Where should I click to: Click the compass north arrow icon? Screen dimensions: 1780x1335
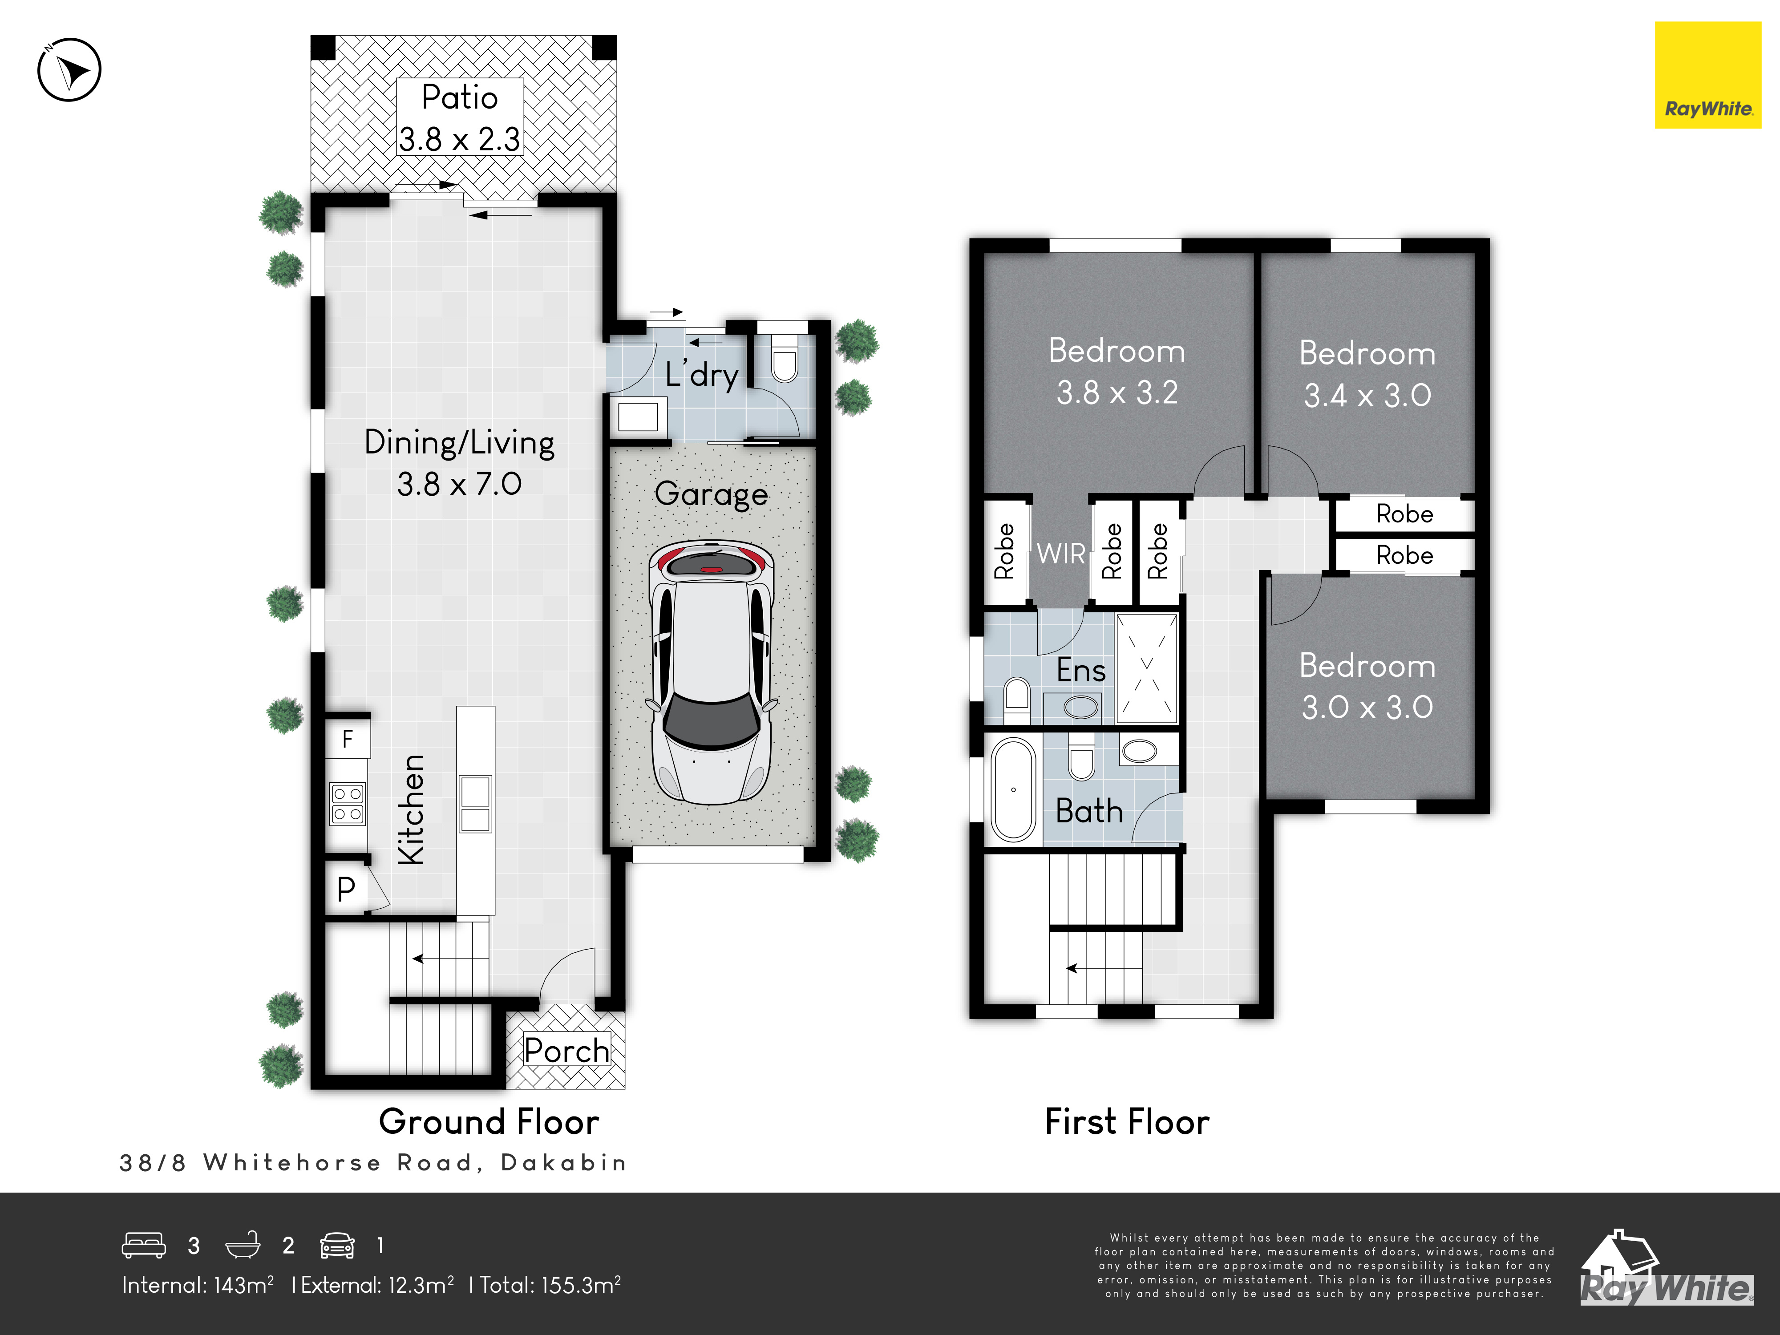pos(69,69)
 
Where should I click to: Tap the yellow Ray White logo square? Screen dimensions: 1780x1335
pos(1707,75)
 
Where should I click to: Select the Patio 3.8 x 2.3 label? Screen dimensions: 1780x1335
pos(460,117)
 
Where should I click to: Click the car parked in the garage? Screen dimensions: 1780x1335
pos(712,672)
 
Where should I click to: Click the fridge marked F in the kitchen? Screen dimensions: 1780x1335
pos(348,738)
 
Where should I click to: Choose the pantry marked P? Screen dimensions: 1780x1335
pos(347,888)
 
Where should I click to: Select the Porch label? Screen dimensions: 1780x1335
pos(566,1050)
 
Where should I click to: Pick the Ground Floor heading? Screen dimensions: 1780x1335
pos(489,1122)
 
